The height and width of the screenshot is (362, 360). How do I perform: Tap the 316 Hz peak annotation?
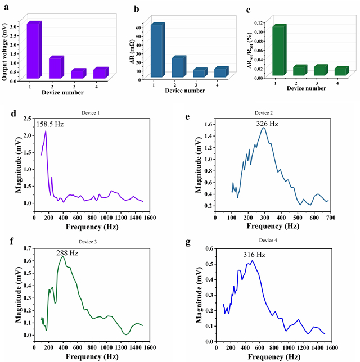click(x=253, y=255)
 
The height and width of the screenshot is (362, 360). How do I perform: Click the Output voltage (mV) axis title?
click(x=6, y=48)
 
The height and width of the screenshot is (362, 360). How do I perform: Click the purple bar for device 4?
click(x=99, y=73)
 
